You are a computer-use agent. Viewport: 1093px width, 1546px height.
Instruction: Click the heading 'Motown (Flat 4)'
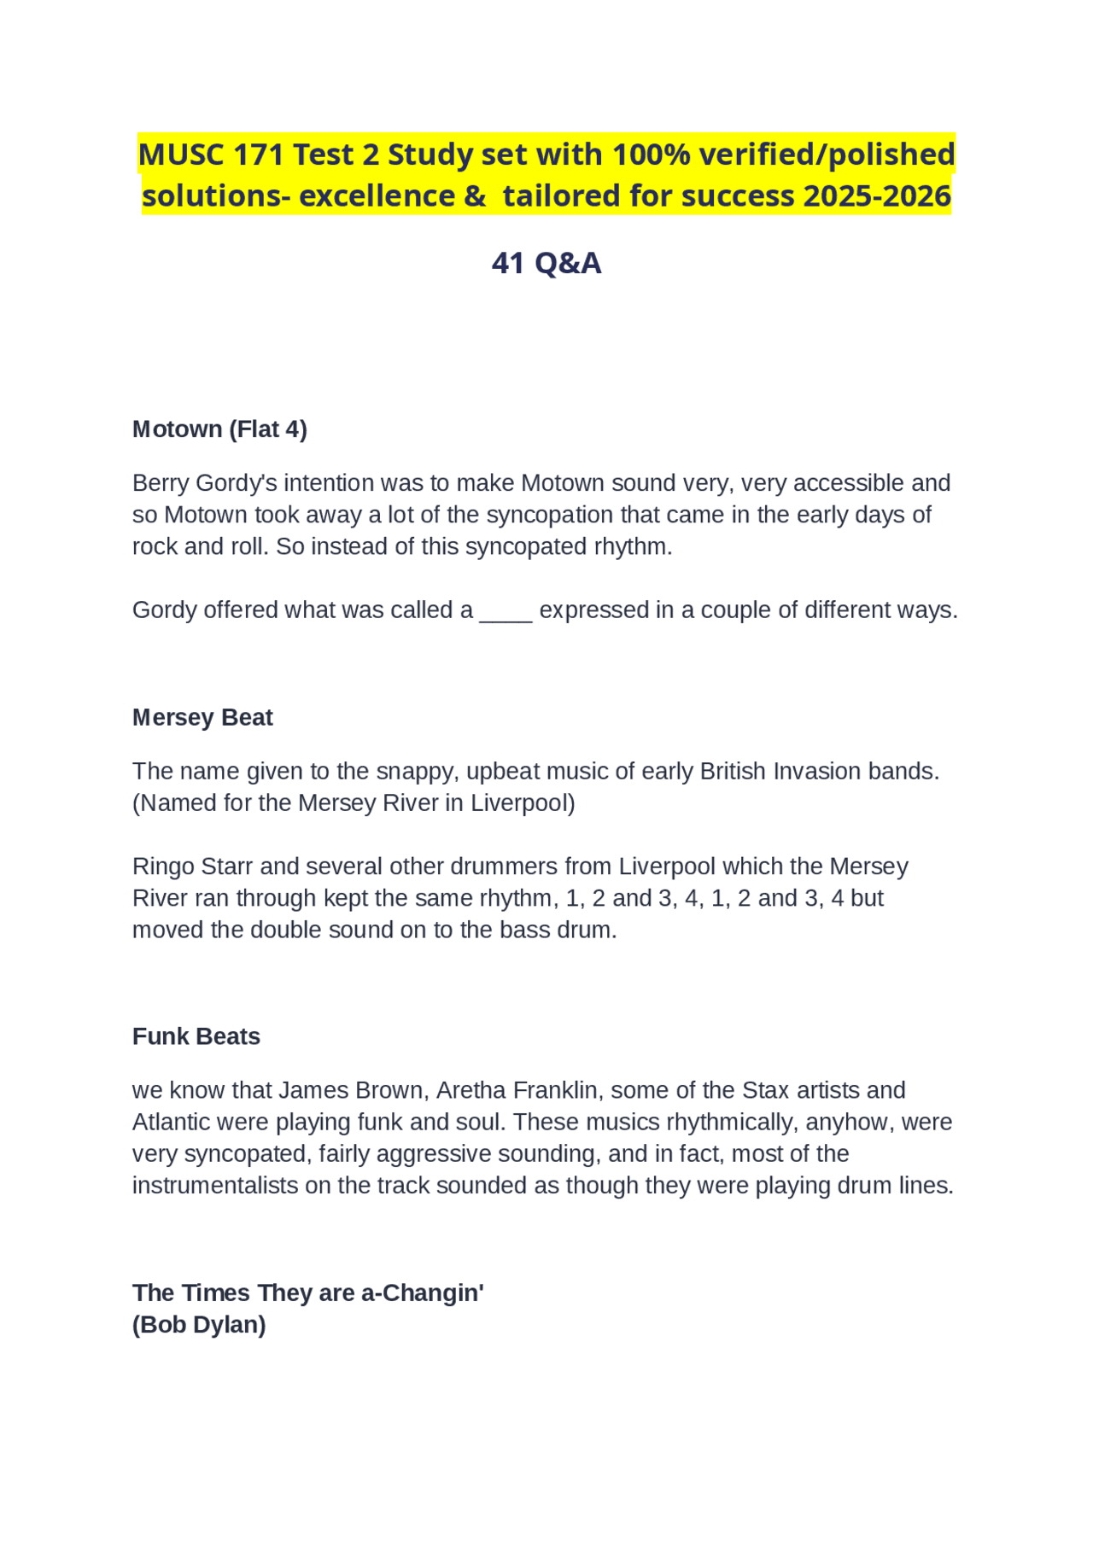click(x=219, y=429)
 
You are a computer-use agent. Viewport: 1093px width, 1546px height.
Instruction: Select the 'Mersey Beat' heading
click(x=202, y=718)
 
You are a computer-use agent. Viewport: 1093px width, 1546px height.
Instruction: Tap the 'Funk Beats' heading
click(x=196, y=1036)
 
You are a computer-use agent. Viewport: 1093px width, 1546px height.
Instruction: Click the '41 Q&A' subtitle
click(x=546, y=263)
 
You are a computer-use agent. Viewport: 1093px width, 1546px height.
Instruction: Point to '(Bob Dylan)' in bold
click(x=199, y=1325)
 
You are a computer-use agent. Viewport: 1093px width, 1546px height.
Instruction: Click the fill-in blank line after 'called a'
click(x=506, y=612)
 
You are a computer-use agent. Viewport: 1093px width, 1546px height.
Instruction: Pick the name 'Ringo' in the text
click(x=163, y=866)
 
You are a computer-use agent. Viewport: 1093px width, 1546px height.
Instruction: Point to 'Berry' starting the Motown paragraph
click(x=161, y=483)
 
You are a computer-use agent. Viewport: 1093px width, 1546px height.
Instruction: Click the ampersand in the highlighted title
click(x=475, y=196)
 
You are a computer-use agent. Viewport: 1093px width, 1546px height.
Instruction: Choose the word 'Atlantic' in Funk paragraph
click(x=172, y=1122)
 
